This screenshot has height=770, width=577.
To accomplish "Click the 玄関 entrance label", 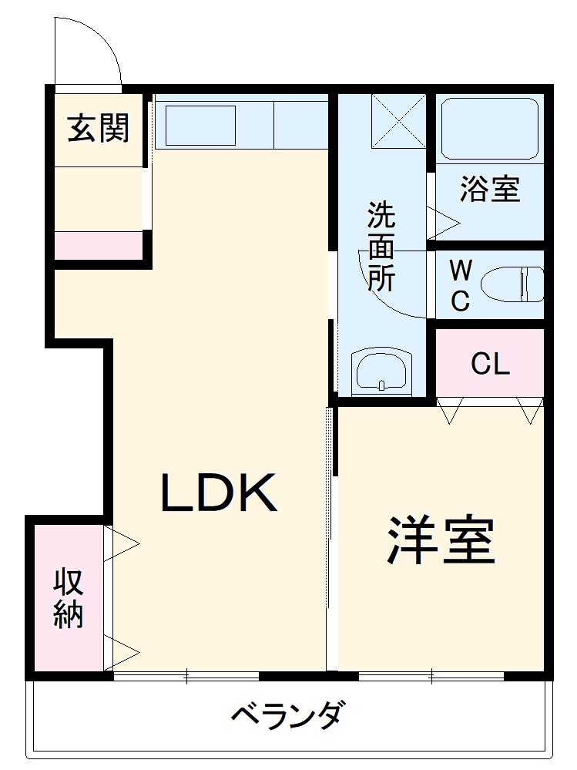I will tap(98, 128).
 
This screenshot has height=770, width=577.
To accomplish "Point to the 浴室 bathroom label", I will tap(490, 189).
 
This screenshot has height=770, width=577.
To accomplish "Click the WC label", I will tap(460, 285).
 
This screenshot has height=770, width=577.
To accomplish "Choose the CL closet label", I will tap(490, 364).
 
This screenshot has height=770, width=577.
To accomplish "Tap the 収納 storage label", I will tap(69, 599).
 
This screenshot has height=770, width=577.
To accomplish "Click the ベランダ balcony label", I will tap(287, 716).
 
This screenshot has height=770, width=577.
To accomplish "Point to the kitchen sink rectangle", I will tap(201, 124).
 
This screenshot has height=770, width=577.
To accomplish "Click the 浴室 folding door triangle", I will tap(443, 222).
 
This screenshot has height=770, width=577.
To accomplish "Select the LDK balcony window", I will tap(186, 677).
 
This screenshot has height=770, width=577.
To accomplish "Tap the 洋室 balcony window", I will tap(431, 677).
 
